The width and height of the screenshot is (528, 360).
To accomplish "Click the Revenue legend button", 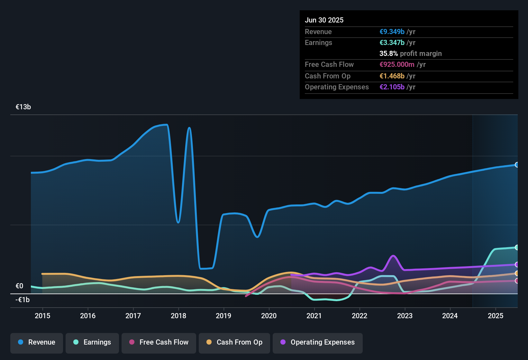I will (x=37, y=342).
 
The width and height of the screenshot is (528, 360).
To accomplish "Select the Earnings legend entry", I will (x=92, y=342).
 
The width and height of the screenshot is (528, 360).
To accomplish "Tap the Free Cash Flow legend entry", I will (x=159, y=342).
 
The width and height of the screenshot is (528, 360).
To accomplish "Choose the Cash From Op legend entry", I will (x=234, y=342).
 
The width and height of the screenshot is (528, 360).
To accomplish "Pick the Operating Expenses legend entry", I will (x=318, y=342).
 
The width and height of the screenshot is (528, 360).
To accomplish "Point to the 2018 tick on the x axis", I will (x=178, y=316).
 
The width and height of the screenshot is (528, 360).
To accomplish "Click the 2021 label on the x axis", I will (x=314, y=316).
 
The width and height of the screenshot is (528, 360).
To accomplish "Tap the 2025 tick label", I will (x=496, y=316).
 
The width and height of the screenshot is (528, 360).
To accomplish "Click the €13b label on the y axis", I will (x=23, y=107).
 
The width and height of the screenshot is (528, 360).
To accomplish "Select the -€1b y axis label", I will (x=23, y=300).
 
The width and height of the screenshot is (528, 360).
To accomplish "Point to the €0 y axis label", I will (x=19, y=286).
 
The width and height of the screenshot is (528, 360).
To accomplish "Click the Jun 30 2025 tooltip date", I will (x=324, y=20).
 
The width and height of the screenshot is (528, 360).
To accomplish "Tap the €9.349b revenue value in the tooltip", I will (x=392, y=32).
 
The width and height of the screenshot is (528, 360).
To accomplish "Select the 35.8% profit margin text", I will (x=410, y=53).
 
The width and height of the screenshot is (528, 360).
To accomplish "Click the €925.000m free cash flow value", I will (x=397, y=64).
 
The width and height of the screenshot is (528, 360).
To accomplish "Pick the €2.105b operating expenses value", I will (x=392, y=87).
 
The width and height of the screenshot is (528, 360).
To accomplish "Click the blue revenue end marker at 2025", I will (x=517, y=165).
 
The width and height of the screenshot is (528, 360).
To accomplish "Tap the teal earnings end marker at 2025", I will (x=517, y=248).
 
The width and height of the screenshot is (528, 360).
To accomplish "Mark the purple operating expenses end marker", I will (x=517, y=265).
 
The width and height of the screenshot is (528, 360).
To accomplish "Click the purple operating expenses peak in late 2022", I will (x=393, y=256).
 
